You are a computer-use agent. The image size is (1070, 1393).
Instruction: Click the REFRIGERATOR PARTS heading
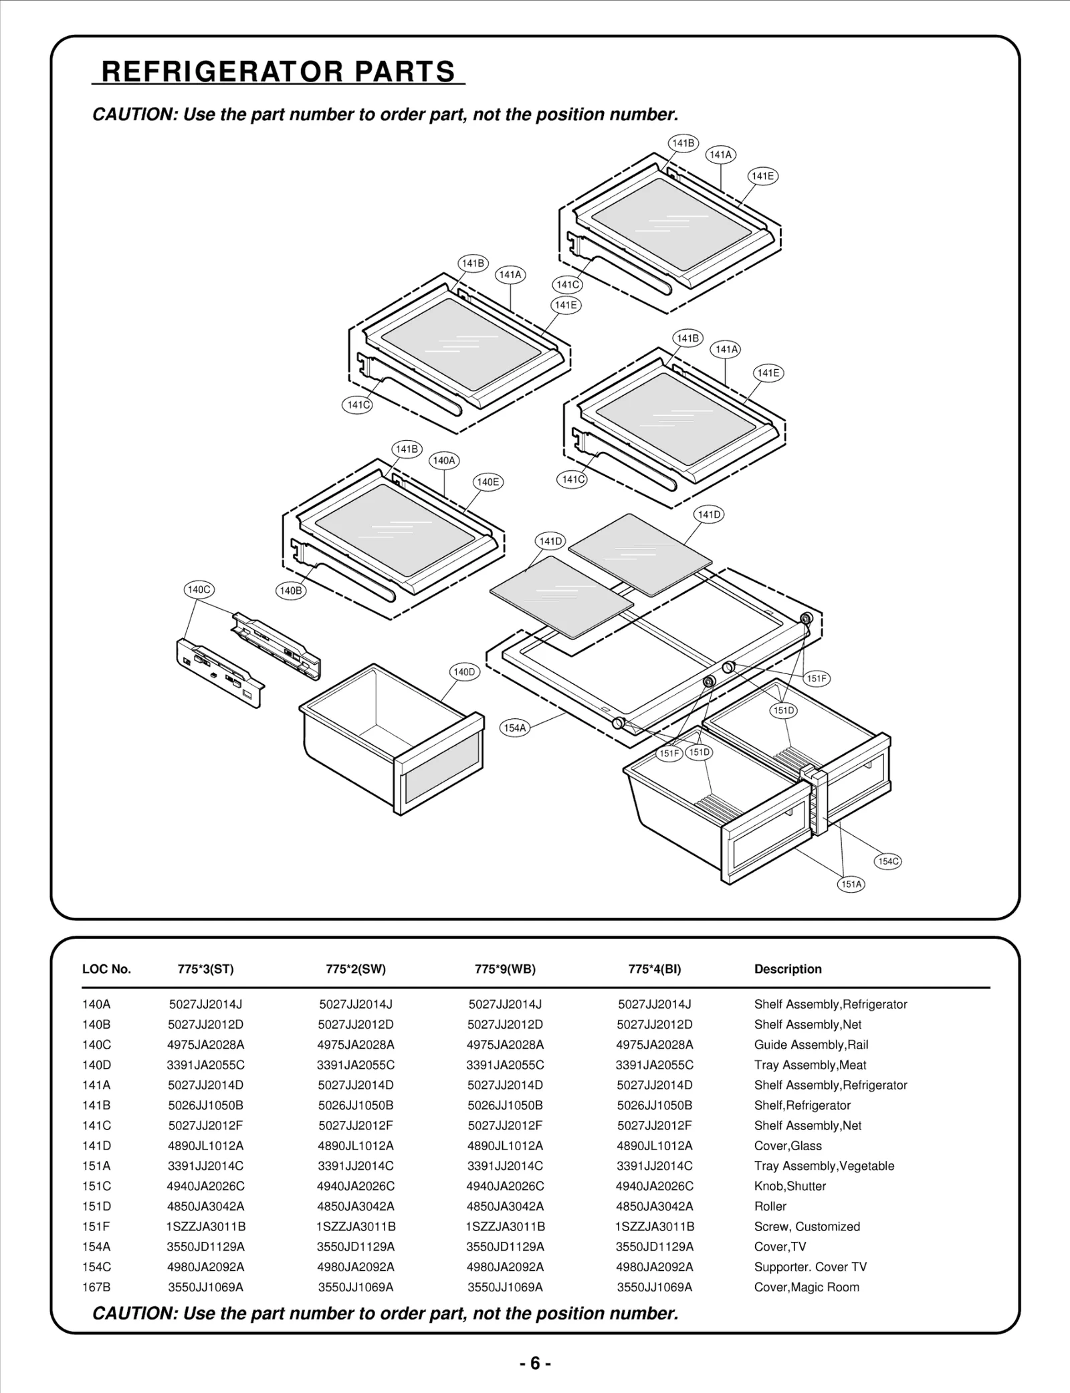coord(278,72)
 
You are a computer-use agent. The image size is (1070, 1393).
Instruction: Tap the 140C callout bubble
coord(199,590)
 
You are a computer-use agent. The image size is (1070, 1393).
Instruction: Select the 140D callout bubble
coord(464,672)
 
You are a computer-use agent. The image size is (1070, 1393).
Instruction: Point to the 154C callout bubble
coord(888,861)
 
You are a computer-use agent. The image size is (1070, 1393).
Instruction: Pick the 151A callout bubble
coord(851,884)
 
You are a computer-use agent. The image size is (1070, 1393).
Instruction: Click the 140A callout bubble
coord(444,460)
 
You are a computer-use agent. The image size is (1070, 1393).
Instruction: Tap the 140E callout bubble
coord(488,482)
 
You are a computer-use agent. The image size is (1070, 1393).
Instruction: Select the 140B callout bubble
coord(291,591)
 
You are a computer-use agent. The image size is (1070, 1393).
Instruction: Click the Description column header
coord(788,969)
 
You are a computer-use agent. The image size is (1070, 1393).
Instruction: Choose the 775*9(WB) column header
coord(505,969)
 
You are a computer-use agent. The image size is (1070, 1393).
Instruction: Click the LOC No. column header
coord(106,969)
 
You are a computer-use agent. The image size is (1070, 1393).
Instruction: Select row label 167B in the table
coord(96,1287)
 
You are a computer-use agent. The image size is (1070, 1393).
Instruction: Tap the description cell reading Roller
coord(770,1206)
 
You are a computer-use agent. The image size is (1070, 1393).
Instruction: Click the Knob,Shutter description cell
coord(790,1186)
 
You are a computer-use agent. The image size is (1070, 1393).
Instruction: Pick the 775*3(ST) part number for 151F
coord(205,1226)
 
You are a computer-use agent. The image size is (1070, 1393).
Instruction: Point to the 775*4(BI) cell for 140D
coord(654,1065)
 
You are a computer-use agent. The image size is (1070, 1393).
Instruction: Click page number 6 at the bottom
coord(535,1363)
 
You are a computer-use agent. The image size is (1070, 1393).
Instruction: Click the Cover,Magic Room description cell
coord(807,1287)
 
